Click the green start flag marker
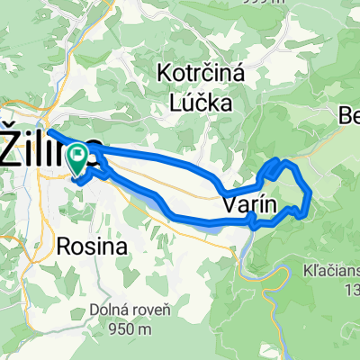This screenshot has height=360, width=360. click(77, 158)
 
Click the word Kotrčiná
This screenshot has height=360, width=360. click(195, 71)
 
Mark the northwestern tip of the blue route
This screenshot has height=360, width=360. click(49, 132)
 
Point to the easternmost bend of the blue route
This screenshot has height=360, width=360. click(310, 192)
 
